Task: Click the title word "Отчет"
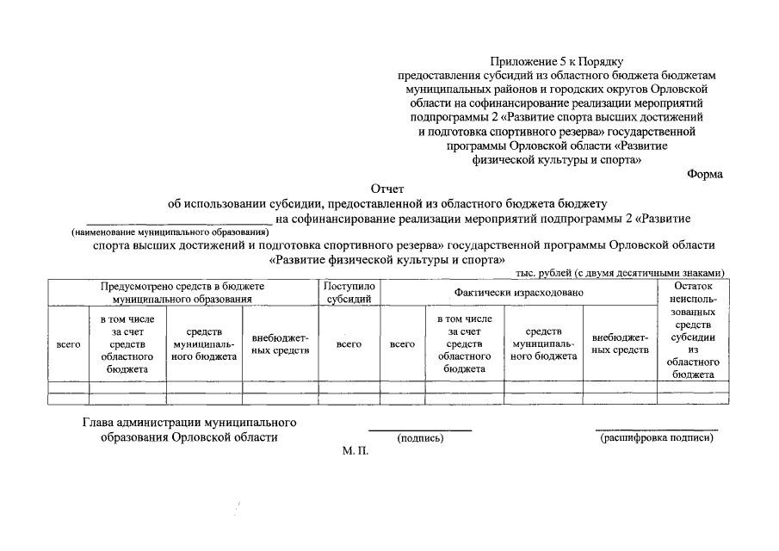[x=386, y=188]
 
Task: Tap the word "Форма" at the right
[x=705, y=173]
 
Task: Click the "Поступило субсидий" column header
[x=349, y=293]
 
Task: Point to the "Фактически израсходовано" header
[x=519, y=293]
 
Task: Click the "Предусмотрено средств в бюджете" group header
[x=182, y=293]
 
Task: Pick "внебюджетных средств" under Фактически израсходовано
[x=620, y=344]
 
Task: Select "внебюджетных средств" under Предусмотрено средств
[x=281, y=344]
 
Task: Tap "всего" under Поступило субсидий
[x=349, y=344]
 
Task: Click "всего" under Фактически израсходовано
[x=402, y=344]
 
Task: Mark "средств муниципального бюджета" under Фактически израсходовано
[x=543, y=344]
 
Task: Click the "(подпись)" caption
[x=420, y=439]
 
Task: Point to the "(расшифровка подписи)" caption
[x=657, y=438]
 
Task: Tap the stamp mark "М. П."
[x=355, y=451]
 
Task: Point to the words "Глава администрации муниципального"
[x=189, y=423]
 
